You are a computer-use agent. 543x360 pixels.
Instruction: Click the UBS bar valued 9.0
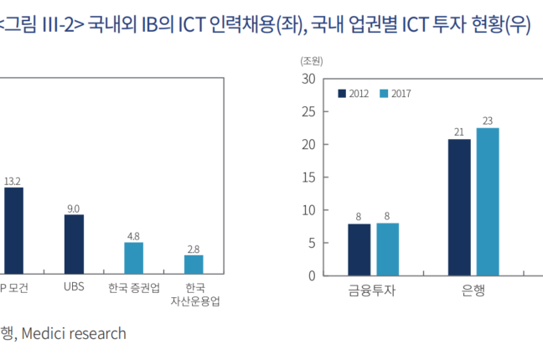coord(74,244)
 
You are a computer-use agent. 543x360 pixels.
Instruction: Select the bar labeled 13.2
coord(13,231)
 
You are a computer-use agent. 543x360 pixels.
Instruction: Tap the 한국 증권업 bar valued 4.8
coord(134,258)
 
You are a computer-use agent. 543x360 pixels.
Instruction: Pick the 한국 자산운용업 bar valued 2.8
coord(194,265)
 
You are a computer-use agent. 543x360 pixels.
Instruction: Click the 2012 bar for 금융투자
coord(359,249)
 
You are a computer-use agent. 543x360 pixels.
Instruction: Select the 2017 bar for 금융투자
coord(387,249)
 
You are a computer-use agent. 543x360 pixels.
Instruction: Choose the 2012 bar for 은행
coord(459,207)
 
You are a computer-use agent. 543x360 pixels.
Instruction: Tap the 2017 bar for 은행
coord(488,201)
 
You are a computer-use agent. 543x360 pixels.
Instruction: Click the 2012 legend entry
coord(354,94)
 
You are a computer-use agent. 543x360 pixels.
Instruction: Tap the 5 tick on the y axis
coord(312,243)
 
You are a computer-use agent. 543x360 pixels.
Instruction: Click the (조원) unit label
coord(312,60)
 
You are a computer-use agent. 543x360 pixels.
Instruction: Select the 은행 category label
coord(473,291)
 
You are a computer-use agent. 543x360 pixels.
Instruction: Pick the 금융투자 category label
coord(373,291)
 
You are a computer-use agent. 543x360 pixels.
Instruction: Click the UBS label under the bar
coord(74,287)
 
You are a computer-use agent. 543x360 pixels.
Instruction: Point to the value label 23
coord(488,121)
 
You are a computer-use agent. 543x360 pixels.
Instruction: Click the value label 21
coord(459,132)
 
